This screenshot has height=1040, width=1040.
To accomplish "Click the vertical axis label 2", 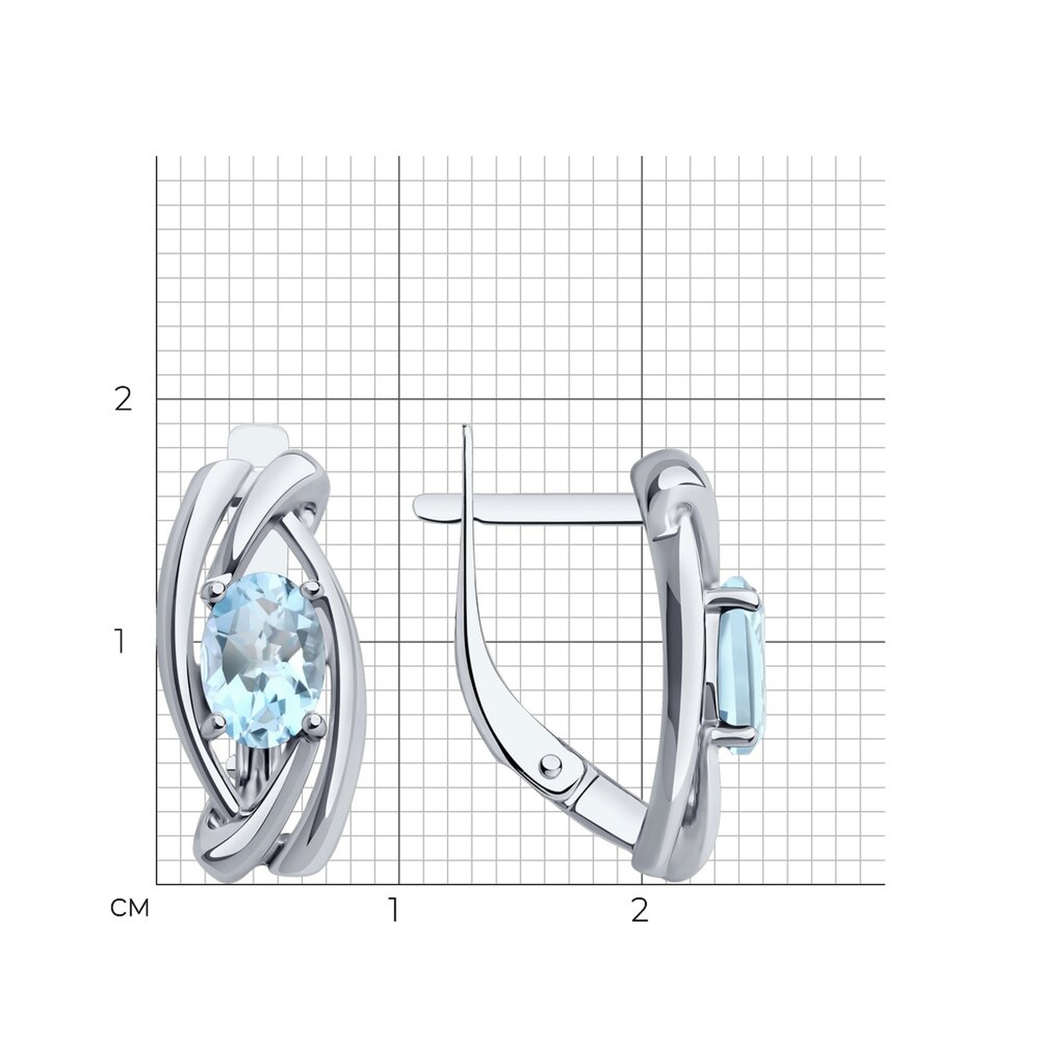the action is (x=123, y=400).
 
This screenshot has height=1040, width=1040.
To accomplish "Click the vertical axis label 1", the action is (x=120, y=642).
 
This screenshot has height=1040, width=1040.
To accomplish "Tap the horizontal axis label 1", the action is (x=395, y=909).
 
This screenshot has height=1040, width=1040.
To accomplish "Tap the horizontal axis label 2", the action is (x=640, y=909).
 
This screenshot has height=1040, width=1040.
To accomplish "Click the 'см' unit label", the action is (x=129, y=908).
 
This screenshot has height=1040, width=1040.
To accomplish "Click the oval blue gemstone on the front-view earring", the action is (x=263, y=659).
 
